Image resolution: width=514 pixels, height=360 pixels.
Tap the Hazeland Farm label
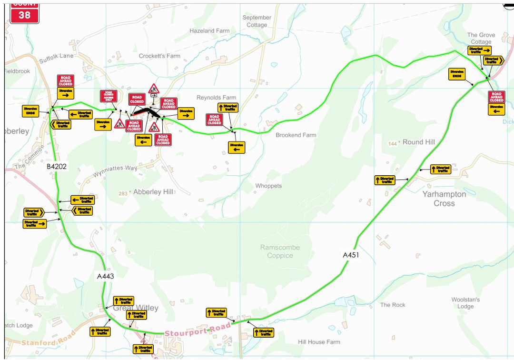point(209,30)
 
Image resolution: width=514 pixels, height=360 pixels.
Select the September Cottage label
point(257,21)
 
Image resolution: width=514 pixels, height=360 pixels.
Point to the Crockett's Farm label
point(159,56)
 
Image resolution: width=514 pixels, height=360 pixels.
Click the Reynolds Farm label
point(216,98)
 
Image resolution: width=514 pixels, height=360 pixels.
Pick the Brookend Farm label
point(296,135)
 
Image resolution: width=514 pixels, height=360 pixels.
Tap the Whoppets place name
point(268,186)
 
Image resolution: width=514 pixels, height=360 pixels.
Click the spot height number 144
point(393,143)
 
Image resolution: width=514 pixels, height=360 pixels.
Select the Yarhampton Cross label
point(444,199)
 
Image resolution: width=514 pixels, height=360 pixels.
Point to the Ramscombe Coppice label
point(280,251)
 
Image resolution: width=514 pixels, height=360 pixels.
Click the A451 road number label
point(351,255)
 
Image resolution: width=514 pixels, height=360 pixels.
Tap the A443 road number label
point(105,276)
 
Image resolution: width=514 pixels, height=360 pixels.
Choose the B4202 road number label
point(57,167)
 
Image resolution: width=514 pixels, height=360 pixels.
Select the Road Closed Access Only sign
point(108,96)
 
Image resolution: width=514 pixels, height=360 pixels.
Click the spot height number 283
point(123,193)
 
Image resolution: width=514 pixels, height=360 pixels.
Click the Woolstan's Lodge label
point(465,303)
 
